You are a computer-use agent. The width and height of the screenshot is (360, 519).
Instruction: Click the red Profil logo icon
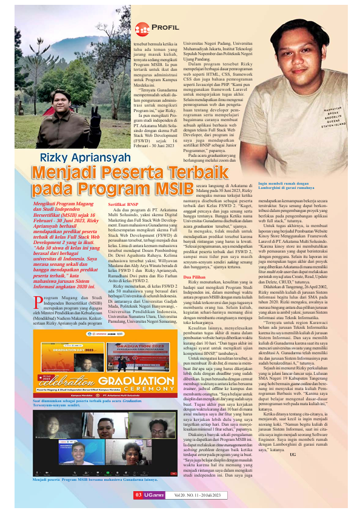click(141, 28)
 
